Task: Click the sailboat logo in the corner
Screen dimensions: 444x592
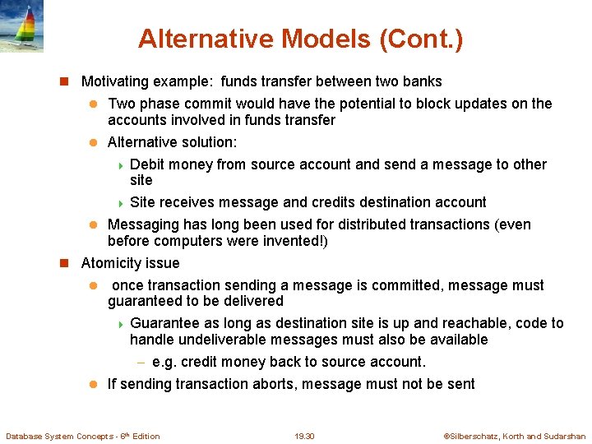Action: pyautogui.click(x=21, y=26)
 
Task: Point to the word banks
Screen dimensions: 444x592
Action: pyautogui.click(x=423, y=81)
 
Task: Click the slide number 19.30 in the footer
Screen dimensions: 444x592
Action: pyautogui.click(x=304, y=437)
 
